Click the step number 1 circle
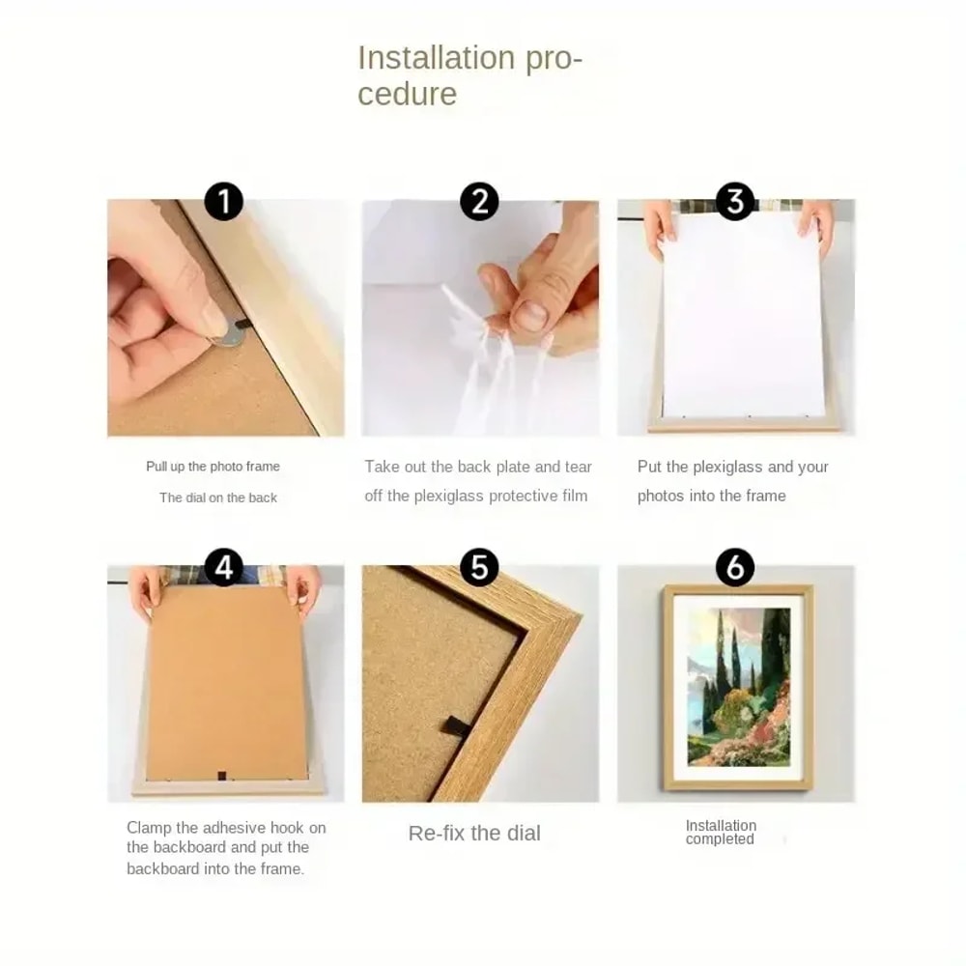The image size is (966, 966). pos(224,202)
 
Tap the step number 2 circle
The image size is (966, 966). pos(479,202)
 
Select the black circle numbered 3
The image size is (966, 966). pos(735,202)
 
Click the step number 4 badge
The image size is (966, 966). pos(224,568)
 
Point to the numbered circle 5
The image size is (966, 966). pos(479,568)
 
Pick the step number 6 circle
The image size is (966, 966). pos(735,568)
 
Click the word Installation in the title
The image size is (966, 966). pos(432,58)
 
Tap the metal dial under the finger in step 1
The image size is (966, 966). pos(229,335)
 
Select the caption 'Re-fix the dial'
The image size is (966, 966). pos(474,833)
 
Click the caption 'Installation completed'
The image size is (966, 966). pos(721,832)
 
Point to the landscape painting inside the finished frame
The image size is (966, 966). pos(738,686)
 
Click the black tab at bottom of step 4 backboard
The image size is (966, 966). pos(221,773)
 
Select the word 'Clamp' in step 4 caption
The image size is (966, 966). pos(150,828)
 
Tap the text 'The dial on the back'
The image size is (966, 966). pos(218,497)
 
